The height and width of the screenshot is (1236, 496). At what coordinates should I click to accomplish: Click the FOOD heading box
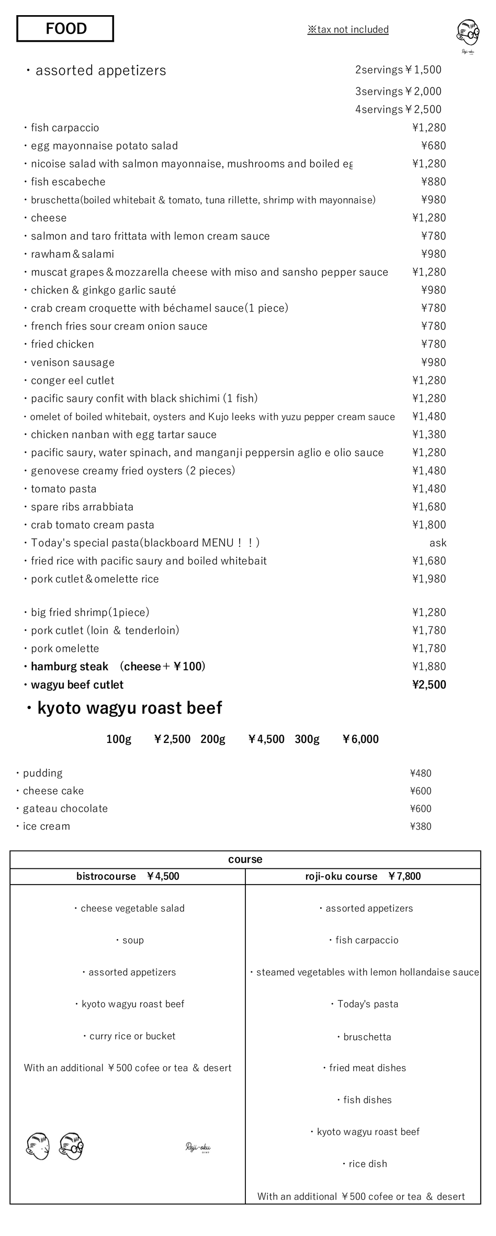(x=65, y=29)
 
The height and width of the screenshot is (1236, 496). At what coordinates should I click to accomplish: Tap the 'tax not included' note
(x=348, y=30)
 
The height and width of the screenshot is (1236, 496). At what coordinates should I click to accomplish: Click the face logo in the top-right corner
(x=468, y=35)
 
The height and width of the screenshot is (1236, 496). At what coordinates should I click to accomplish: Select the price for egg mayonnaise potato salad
(x=433, y=146)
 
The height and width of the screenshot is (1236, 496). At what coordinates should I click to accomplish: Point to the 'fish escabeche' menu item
(x=68, y=182)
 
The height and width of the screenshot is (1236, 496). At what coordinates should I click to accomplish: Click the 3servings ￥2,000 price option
(x=398, y=91)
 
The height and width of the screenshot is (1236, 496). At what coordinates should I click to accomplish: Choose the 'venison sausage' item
(x=72, y=362)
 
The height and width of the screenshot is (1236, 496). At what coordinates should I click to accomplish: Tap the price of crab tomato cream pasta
(x=429, y=525)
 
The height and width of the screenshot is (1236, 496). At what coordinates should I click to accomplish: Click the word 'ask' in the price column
(x=437, y=543)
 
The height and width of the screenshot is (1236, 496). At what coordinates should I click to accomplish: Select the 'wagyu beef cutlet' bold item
(x=77, y=685)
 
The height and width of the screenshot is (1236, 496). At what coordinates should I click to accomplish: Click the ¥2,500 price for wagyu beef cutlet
(x=429, y=685)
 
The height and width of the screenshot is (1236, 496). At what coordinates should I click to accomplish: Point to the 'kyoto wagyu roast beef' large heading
(x=129, y=708)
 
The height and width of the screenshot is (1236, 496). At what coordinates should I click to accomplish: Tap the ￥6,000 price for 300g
(x=360, y=739)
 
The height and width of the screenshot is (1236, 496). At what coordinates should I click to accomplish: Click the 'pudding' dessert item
(x=42, y=773)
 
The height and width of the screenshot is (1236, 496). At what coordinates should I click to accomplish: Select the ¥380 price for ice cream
(x=421, y=827)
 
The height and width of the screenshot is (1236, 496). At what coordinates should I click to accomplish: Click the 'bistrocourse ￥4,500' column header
(x=128, y=876)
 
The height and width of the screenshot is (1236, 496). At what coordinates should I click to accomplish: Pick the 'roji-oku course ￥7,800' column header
(x=363, y=876)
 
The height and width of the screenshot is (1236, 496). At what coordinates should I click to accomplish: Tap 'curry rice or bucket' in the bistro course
(x=132, y=1036)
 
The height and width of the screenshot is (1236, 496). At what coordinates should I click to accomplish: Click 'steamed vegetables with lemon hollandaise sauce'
(x=367, y=972)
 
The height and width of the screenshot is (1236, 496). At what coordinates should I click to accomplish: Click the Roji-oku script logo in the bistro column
(x=198, y=1148)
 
